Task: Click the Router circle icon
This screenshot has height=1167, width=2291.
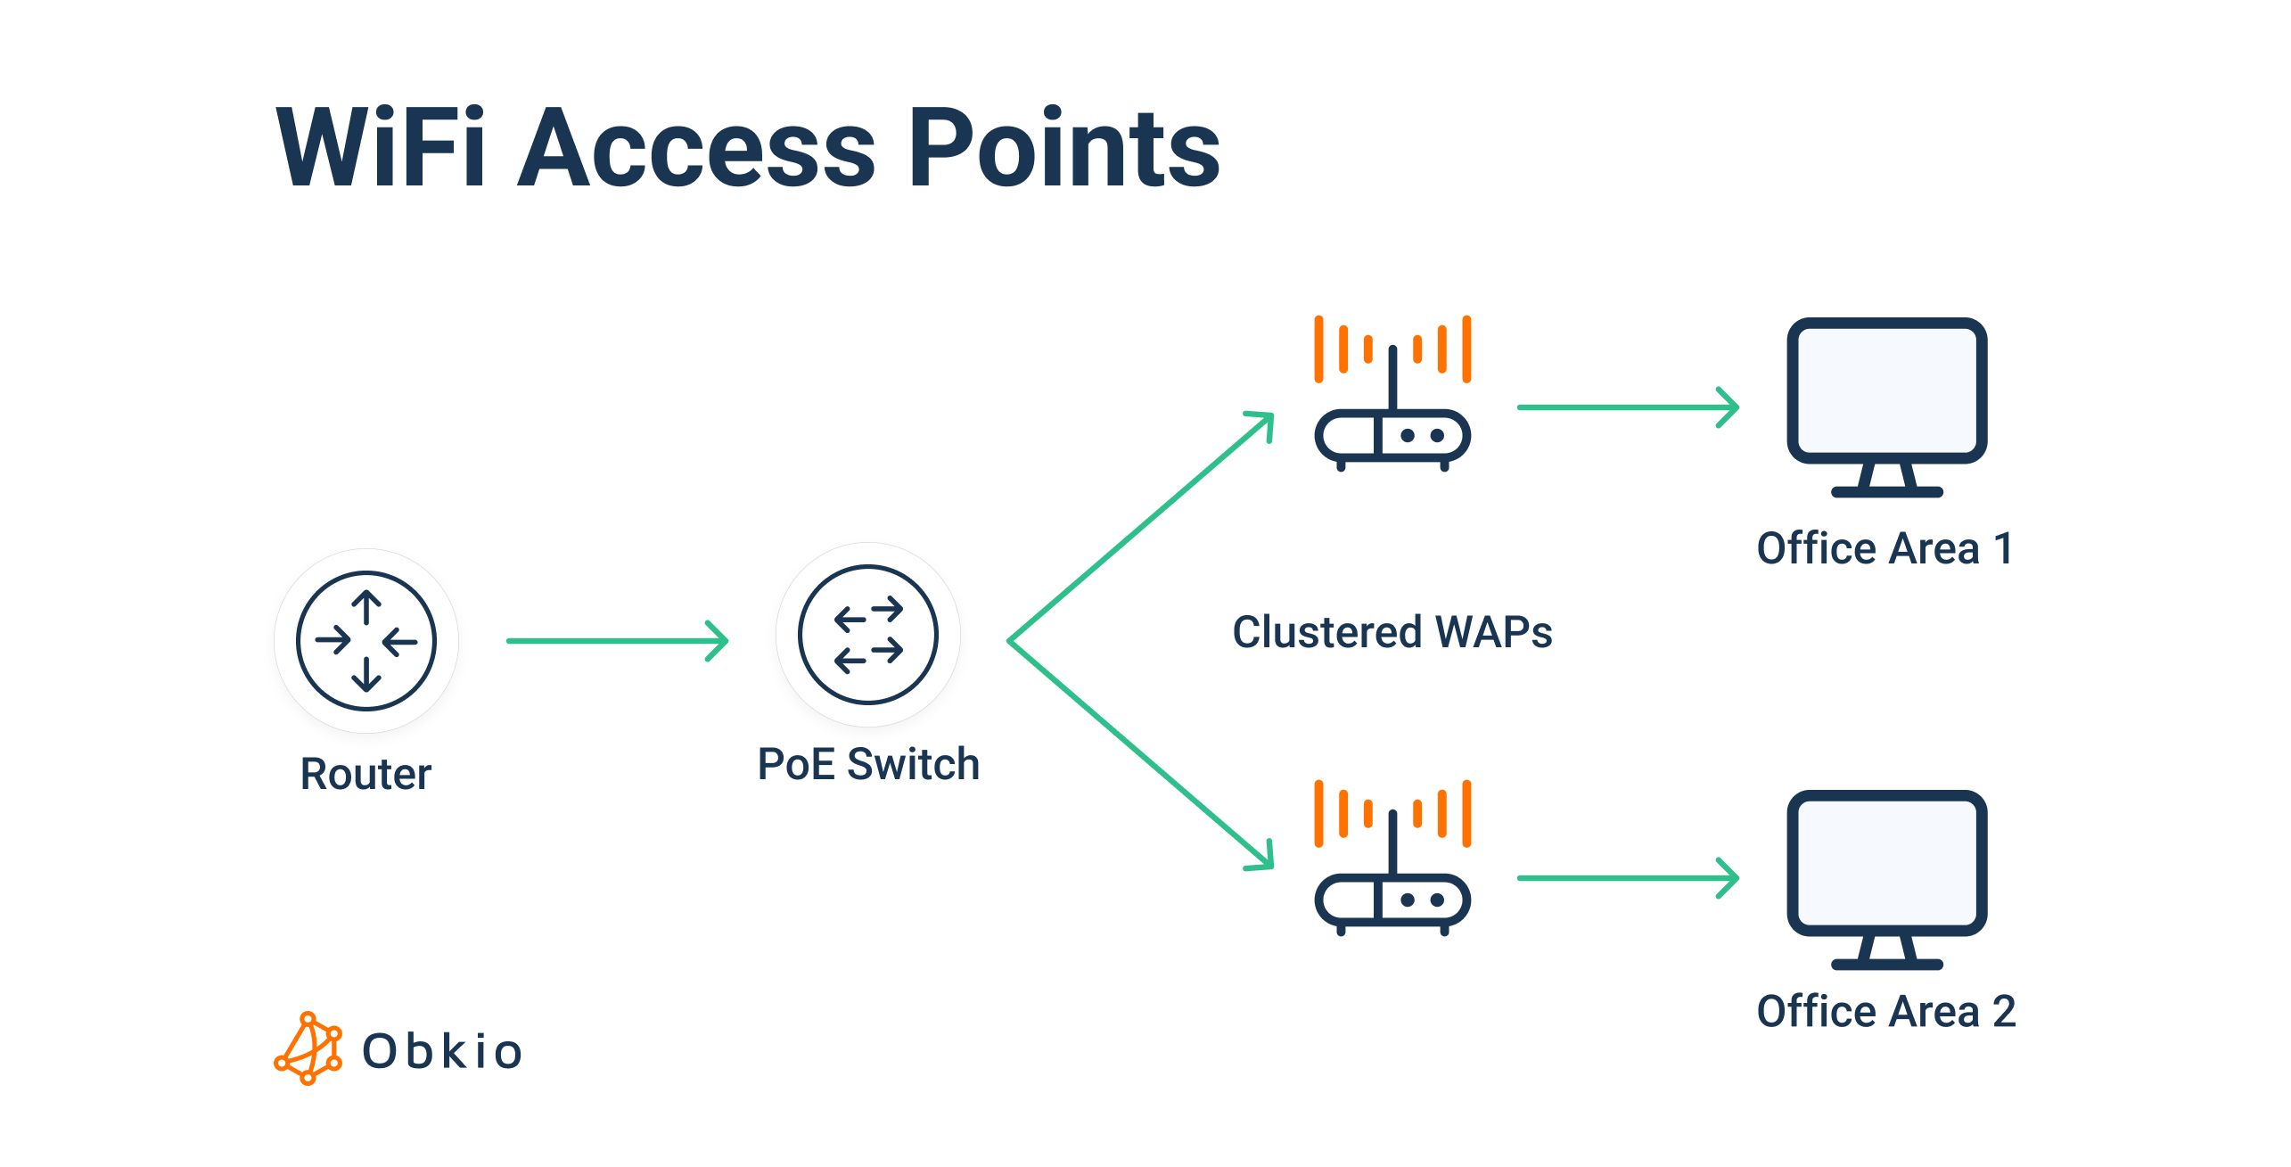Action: pyautogui.click(x=366, y=641)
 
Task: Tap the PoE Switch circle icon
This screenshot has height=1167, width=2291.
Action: pyautogui.click(x=868, y=635)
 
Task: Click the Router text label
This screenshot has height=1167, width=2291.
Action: pyautogui.click(x=365, y=774)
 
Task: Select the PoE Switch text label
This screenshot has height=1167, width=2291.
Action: pyautogui.click(x=868, y=764)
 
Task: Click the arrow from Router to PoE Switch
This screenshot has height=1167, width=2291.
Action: pyautogui.click(x=617, y=640)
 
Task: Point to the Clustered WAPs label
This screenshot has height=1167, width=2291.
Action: pyautogui.click(x=1392, y=632)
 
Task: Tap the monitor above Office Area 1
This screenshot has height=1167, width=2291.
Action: pyautogui.click(x=1887, y=406)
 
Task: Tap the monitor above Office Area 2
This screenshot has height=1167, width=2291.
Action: pyautogui.click(x=1887, y=878)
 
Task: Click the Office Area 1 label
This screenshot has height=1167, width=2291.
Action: pyautogui.click(x=1885, y=548)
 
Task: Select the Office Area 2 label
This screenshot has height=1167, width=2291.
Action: pyautogui.click(x=1885, y=1012)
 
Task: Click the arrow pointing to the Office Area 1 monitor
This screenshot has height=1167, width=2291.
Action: pyautogui.click(x=1627, y=407)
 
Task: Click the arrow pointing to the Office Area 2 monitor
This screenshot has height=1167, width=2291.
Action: pyautogui.click(x=1627, y=878)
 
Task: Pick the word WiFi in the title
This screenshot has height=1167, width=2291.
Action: pyautogui.click(x=381, y=147)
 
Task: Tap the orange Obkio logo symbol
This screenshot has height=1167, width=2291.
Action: pyautogui.click(x=308, y=1048)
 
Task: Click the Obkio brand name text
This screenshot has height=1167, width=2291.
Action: pyautogui.click(x=442, y=1051)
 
